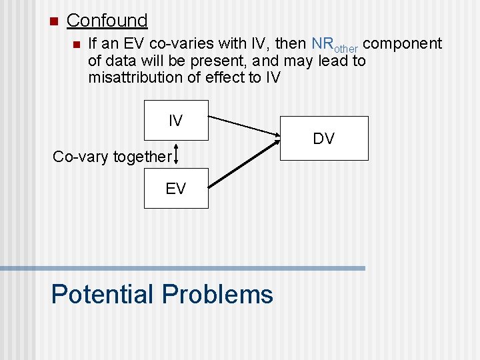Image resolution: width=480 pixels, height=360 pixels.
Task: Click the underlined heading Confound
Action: pyautogui.click(x=107, y=21)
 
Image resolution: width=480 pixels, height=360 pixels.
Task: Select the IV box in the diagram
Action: pyautogui.click(x=176, y=121)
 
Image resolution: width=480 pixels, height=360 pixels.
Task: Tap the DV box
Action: pyautogui.click(x=323, y=139)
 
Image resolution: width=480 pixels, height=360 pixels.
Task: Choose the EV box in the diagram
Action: pyautogui.click(x=176, y=189)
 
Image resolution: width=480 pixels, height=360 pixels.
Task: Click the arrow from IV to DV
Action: pyautogui.click(x=244, y=128)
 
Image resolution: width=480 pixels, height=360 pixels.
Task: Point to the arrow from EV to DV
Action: pyautogui.click(x=244, y=163)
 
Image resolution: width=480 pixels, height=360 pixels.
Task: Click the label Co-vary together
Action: pyautogui.click(x=112, y=157)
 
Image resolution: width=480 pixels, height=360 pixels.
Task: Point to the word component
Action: pyautogui.click(x=403, y=44)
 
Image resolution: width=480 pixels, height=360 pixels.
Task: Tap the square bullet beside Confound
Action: pyautogui.click(x=54, y=21)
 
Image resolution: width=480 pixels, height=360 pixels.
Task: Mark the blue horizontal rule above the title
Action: pyautogui.click(x=183, y=268)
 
